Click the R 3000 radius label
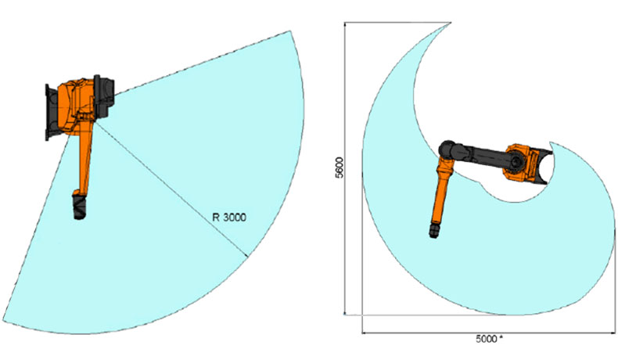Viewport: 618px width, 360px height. (x=229, y=218)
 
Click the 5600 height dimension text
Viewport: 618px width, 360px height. (x=339, y=167)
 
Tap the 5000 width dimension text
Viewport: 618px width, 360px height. (x=486, y=340)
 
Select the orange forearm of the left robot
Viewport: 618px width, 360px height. (x=85, y=158)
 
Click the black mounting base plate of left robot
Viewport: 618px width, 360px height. (x=49, y=113)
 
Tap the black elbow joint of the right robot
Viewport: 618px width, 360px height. (x=447, y=149)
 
